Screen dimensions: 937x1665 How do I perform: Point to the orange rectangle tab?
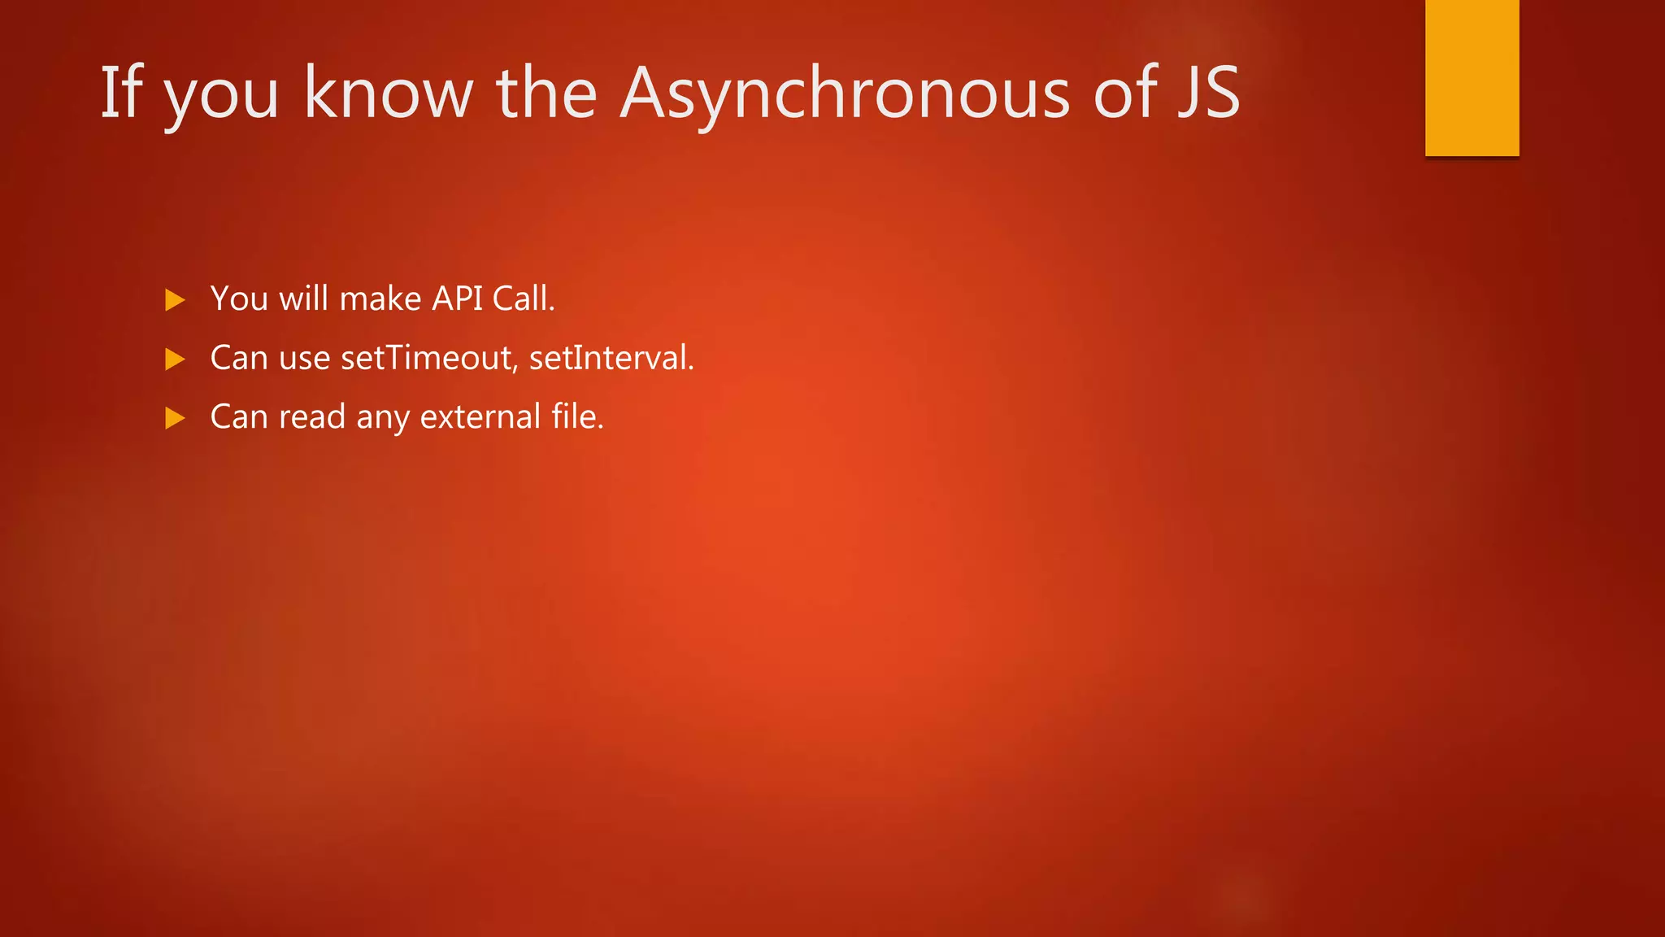coord(1472,77)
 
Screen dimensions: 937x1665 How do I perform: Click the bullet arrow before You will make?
coord(175,300)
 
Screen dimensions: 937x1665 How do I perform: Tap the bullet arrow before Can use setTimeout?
coord(175,359)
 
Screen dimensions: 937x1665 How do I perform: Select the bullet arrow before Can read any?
coord(175,418)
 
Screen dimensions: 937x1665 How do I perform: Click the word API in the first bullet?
coord(457,299)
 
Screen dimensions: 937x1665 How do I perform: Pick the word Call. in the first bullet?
coord(524,299)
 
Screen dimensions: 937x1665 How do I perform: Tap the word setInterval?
coord(611,358)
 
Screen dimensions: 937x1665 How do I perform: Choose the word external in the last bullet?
coord(480,416)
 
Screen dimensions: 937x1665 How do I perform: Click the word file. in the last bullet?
coord(577,416)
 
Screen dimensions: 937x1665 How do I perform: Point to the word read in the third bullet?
coord(312,416)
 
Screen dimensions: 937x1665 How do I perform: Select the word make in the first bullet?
coord(380,299)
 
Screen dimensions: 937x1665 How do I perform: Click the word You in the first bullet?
coord(239,299)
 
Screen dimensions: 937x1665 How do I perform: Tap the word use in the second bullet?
coord(304,359)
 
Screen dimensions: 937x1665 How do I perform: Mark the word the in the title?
coord(546,94)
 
